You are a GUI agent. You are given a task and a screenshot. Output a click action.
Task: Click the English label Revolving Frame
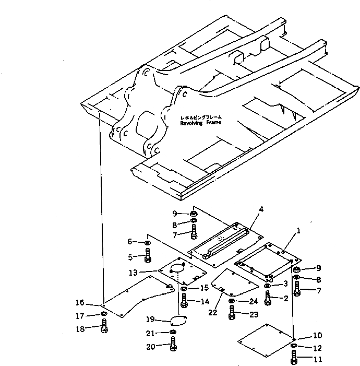(200, 123)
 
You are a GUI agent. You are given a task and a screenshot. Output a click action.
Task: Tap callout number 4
(261, 209)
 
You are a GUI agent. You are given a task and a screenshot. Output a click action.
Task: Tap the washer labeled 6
(148, 243)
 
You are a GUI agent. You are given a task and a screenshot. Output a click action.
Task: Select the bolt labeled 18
(104, 330)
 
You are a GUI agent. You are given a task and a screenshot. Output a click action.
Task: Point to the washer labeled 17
(104, 314)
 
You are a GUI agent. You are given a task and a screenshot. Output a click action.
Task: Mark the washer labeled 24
(232, 301)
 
